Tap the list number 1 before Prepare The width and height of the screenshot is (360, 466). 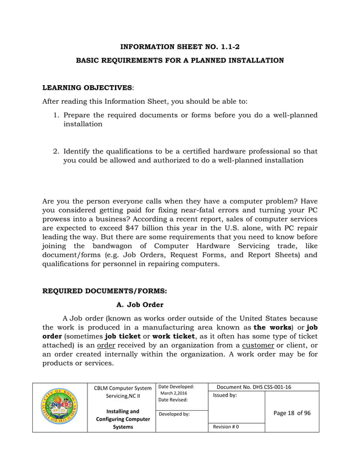[x=56, y=115]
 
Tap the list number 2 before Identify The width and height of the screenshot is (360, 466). [x=56, y=152]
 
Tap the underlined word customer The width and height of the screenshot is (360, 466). [x=258, y=345]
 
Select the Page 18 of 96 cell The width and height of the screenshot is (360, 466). [x=292, y=412]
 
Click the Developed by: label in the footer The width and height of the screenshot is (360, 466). [x=174, y=414]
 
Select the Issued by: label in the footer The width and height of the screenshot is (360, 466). [x=225, y=395]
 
